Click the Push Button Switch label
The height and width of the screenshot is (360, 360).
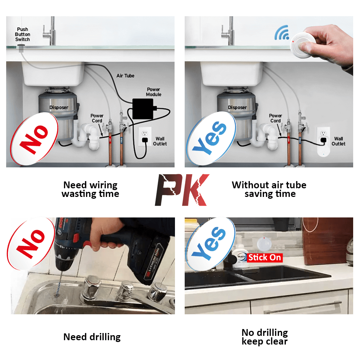(x=22, y=34)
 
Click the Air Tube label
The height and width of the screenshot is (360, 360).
(x=125, y=76)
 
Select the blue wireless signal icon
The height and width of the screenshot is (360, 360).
(x=282, y=33)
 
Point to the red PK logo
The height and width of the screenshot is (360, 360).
(x=182, y=190)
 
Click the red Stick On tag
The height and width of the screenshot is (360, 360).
(x=264, y=257)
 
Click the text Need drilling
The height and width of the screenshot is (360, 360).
(x=92, y=337)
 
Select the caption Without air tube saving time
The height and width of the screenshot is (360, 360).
(x=269, y=189)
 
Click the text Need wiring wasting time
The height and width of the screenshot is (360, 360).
(x=90, y=189)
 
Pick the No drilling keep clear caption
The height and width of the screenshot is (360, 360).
(x=265, y=337)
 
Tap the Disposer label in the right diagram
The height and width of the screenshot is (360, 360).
(x=237, y=107)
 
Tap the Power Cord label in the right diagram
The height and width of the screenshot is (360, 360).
(x=275, y=118)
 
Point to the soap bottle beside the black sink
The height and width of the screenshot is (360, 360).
(x=240, y=254)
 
